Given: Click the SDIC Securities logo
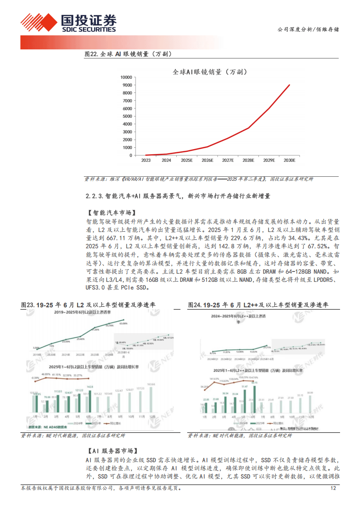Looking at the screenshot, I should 68,23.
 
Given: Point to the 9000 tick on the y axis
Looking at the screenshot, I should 126,85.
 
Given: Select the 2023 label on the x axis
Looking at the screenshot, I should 146,160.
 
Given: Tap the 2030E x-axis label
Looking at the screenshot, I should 289,160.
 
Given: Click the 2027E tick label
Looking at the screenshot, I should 228,160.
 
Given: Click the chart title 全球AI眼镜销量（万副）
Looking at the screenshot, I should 213,71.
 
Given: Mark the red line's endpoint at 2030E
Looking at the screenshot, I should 290,85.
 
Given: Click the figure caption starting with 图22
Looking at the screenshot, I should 130,54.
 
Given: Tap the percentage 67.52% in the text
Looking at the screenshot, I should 318,245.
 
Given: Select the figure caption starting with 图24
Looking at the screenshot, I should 258,305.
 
